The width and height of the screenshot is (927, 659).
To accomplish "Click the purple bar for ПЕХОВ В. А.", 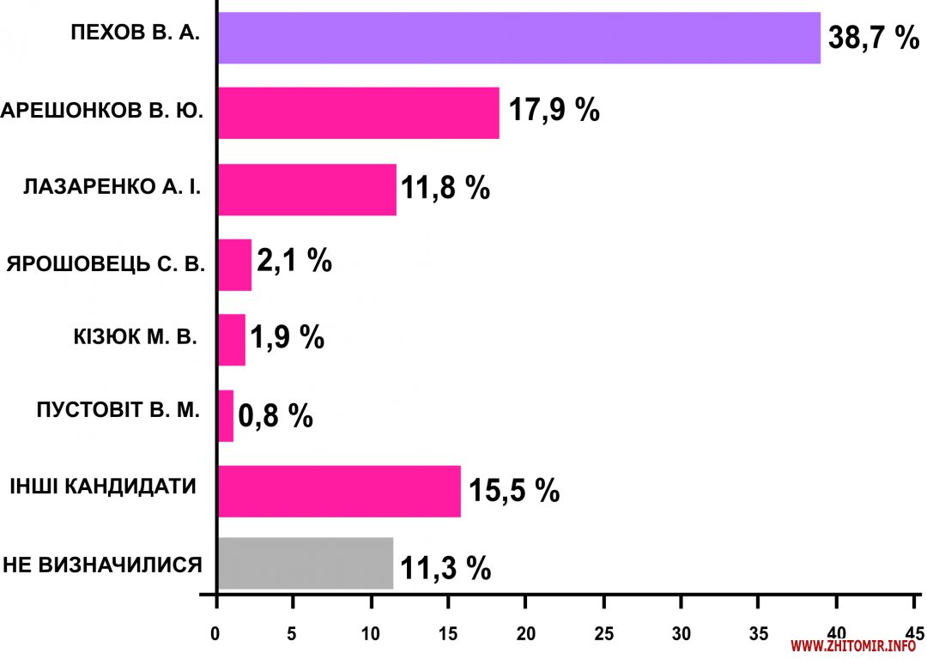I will (518, 38).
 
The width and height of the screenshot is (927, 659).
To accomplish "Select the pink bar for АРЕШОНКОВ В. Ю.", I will (358, 112).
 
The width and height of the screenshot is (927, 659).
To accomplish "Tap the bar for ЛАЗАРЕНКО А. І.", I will (306, 189).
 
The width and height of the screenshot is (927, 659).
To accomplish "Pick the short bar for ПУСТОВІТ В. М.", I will (226, 416).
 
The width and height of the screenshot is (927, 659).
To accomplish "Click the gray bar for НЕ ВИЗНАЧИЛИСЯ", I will (305, 563).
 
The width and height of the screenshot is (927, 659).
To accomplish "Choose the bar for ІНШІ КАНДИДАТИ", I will (339, 491).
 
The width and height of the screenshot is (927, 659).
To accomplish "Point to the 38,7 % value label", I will (874, 39).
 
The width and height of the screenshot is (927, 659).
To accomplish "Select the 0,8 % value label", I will (275, 417).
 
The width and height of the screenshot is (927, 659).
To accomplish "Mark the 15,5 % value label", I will (513, 492).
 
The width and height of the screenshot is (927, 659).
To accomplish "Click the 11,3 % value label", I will (445, 567).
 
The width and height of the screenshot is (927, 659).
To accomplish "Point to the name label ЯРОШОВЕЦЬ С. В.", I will (106, 263).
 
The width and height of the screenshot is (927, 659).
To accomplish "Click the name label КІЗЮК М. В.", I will (136, 336).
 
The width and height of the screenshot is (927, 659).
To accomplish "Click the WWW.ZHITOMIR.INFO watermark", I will (853, 646).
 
